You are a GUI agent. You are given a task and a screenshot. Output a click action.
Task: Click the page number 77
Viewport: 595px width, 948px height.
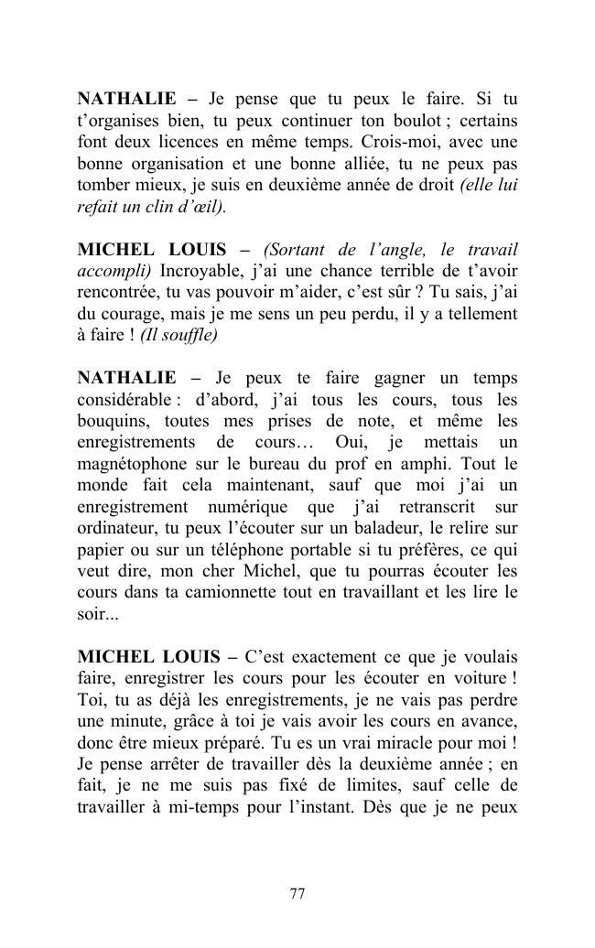(x=297, y=894)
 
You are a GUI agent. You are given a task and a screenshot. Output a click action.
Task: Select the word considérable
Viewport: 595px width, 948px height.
(x=123, y=400)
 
